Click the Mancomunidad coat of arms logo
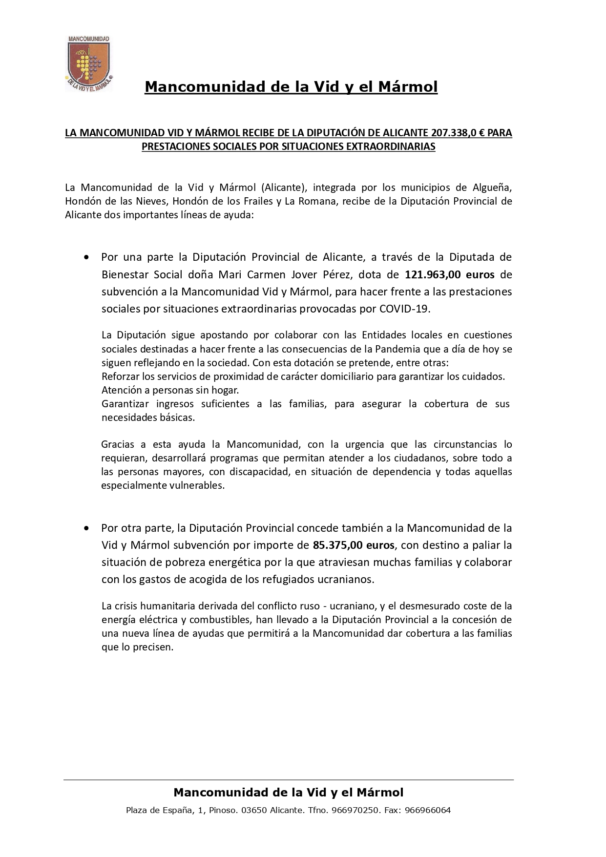click(x=88, y=63)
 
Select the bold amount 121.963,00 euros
click(x=449, y=274)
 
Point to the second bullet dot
click(x=87, y=528)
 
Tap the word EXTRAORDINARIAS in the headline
click(x=384, y=146)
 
